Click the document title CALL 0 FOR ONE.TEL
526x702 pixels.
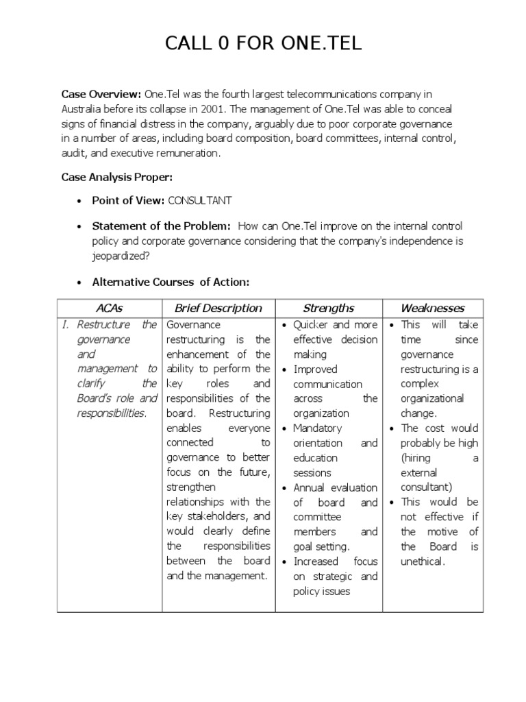coord(263,45)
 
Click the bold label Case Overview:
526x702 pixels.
coord(101,94)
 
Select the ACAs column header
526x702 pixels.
coord(110,308)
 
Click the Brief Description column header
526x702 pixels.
coord(218,308)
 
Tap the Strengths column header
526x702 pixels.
coord(328,308)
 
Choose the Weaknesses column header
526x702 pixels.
coord(432,308)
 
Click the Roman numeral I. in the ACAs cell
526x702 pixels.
coord(66,324)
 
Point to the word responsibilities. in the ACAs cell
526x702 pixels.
coord(112,413)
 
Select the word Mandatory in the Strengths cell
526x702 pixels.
coord(318,428)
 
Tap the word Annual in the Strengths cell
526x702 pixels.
coord(310,488)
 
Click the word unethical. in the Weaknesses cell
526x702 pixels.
coord(423,561)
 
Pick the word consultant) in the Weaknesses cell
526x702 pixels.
coord(427,487)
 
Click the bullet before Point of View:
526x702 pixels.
coord(79,201)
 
